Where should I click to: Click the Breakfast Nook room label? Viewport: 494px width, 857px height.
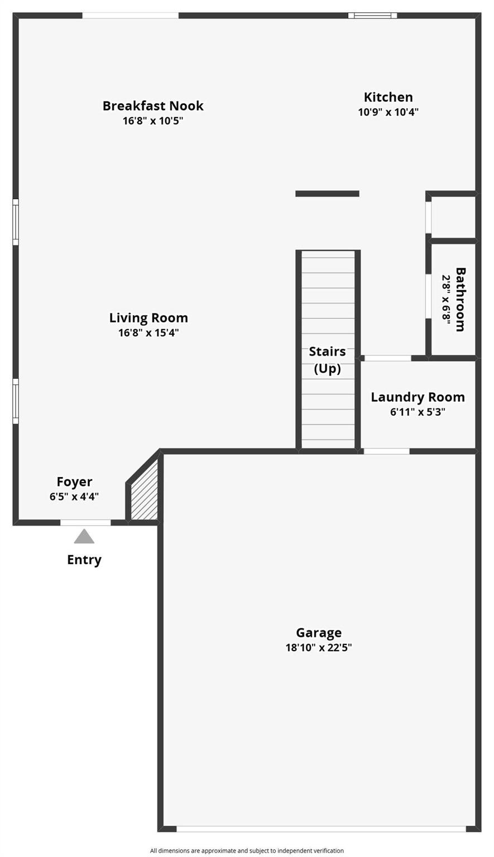153,105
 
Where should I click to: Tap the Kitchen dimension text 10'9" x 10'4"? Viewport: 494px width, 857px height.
388,112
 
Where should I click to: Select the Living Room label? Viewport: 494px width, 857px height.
148,318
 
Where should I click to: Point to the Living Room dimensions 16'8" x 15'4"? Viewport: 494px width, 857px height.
148,333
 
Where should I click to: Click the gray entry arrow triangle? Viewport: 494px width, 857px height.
84,537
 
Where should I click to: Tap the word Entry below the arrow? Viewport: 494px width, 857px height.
84,560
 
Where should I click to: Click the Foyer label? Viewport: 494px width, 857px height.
74,482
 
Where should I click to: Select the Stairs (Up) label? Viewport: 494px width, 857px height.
328,360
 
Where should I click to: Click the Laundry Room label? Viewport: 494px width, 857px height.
418,397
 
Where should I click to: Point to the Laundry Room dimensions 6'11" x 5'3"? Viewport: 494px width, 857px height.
418,412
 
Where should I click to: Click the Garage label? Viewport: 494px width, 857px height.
319,633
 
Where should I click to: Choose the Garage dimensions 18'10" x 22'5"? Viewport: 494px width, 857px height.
319,648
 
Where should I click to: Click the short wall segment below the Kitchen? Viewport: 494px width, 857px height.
327,194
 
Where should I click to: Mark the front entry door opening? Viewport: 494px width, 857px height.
85,523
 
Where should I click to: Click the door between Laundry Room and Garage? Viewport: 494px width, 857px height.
386,451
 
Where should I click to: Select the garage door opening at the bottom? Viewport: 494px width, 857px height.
321,829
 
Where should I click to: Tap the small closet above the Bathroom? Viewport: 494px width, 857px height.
453,216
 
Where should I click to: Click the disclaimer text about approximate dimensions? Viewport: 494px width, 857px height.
247,851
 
